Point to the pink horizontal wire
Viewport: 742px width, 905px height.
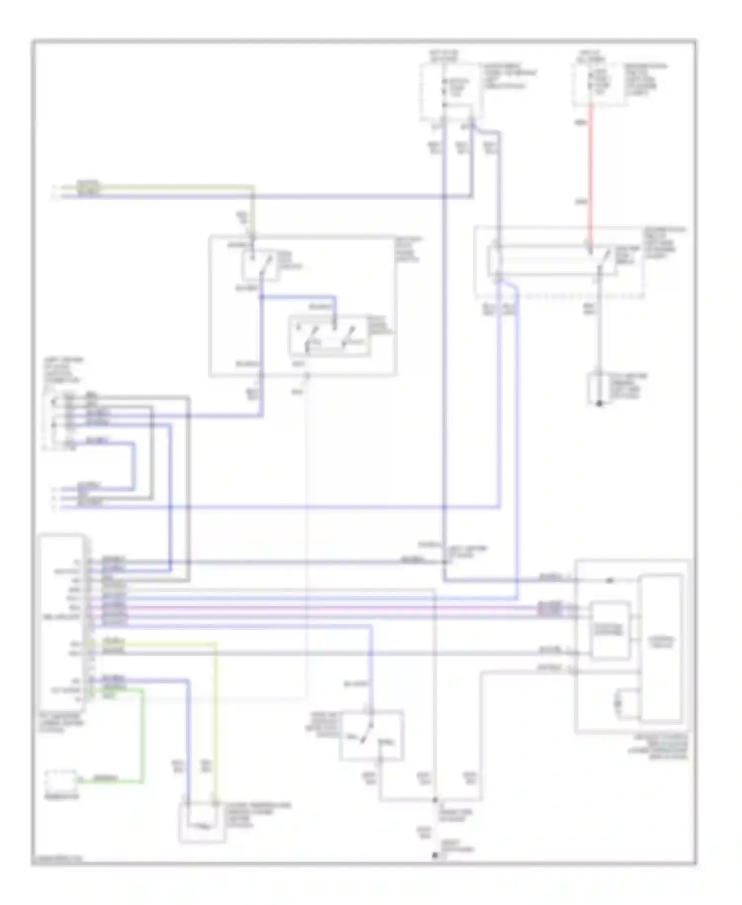[x=346, y=607]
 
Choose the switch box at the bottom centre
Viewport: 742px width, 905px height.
[x=371, y=736]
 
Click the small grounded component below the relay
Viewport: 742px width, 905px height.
[x=599, y=389]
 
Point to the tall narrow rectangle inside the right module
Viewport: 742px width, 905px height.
[x=661, y=647]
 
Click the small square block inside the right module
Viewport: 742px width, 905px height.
[x=610, y=630]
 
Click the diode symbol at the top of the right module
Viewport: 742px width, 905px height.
[x=610, y=580]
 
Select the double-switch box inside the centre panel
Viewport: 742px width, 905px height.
[x=328, y=335]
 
